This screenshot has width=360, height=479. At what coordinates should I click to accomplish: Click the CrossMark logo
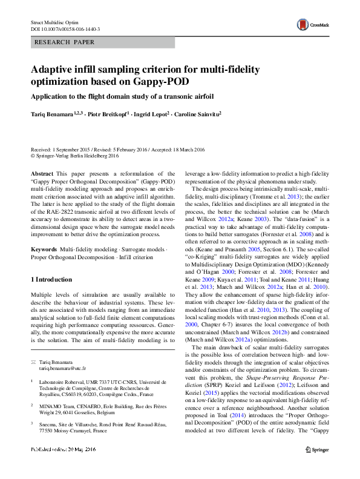tap(310, 24)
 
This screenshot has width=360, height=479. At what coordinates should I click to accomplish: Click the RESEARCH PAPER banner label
tap(64, 44)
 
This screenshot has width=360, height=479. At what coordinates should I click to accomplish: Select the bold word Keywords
tap(44, 233)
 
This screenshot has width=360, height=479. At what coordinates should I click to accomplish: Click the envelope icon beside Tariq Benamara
tap(33, 362)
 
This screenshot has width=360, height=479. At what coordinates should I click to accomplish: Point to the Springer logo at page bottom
tap(318, 467)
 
